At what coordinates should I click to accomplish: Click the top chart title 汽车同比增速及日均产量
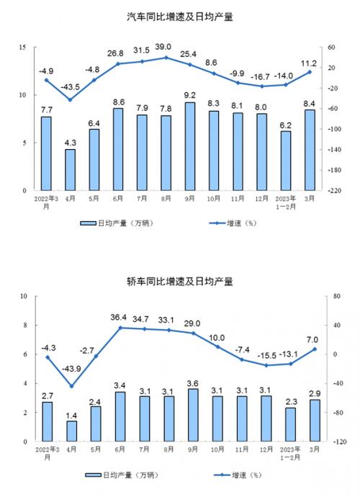(x=180, y=17)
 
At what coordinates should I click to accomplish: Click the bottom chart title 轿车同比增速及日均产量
(x=180, y=281)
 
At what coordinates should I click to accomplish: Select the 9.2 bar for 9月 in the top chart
(x=190, y=146)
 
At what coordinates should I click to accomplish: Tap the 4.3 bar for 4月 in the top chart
(x=70, y=170)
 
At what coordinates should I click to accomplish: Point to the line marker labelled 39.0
(x=166, y=58)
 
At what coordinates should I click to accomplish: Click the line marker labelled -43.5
(x=71, y=100)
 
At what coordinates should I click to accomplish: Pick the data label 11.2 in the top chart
(x=309, y=63)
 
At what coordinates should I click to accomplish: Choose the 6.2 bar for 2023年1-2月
(x=286, y=161)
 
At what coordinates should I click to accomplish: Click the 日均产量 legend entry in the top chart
(x=117, y=223)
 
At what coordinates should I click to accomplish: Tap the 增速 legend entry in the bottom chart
(x=238, y=475)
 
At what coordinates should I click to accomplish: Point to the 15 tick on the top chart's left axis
(x=22, y=48)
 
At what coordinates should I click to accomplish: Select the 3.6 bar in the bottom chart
(x=193, y=415)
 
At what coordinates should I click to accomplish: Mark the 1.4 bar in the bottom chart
(x=71, y=431)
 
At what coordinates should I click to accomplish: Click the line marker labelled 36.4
(x=120, y=328)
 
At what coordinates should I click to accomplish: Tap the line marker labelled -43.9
(x=71, y=386)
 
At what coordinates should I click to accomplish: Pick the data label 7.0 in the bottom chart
(x=312, y=340)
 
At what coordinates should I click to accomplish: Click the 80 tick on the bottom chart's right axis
(x=337, y=296)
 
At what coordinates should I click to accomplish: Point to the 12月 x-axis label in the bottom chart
(x=266, y=449)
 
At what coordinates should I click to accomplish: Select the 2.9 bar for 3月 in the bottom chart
(x=315, y=421)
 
